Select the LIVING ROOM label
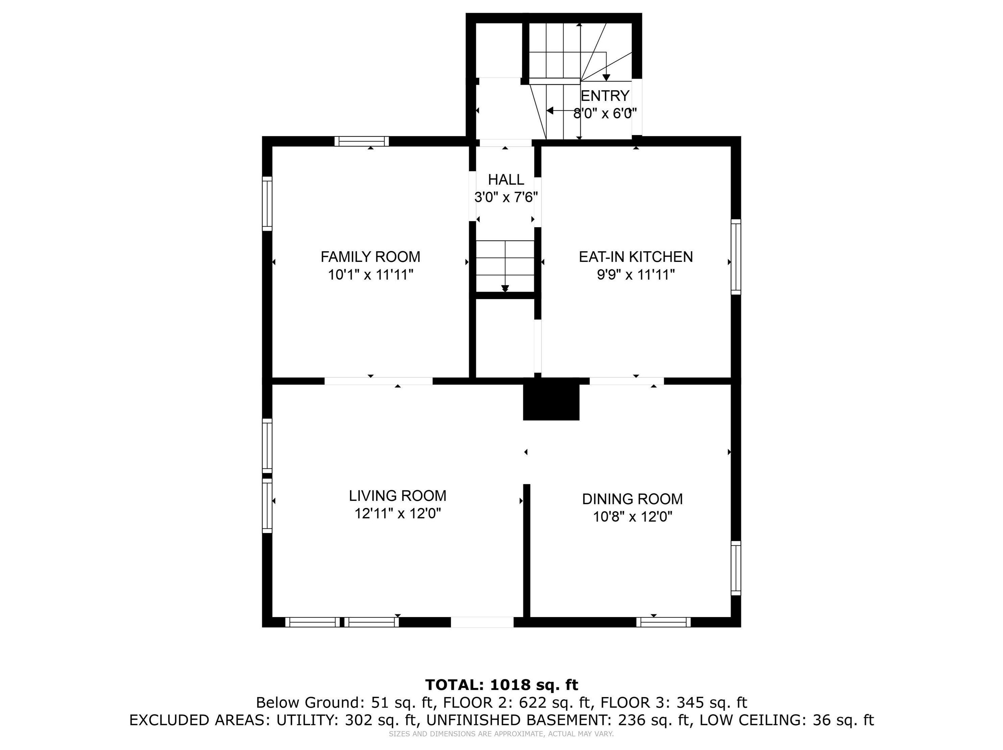tap(398, 495)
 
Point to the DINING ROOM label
tap(632, 499)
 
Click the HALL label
tap(506, 180)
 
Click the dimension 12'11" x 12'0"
tap(398, 514)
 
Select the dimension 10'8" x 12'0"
tap(632, 516)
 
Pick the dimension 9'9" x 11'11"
tap(636, 275)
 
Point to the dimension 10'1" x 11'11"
tap(371, 275)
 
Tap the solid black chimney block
tap(551, 400)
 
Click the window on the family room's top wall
tap(362, 141)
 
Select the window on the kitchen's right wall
tap(736, 257)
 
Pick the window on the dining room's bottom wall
tap(663, 622)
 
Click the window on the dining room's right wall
tap(736, 568)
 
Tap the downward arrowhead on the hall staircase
tap(505, 288)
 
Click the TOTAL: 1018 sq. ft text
tap(502, 685)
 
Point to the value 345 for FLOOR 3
tap(690, 702)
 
